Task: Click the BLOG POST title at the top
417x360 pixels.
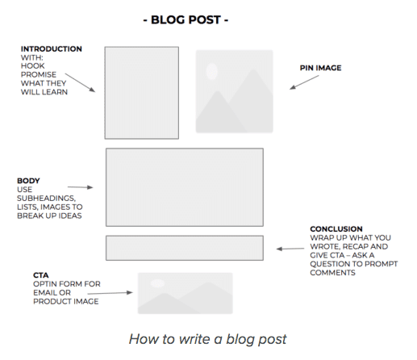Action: pyautogui.click(x=186, y=19)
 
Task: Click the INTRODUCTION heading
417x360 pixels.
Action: pyautogui.click(x=52, y=49)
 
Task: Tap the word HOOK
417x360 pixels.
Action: pyautogui.click(x=33, y=66)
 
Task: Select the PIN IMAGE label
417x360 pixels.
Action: pyautogui.click(x=320, y=68)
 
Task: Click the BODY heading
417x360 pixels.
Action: pyautogui.click(x=28, y=181)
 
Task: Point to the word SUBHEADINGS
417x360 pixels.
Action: pyautogui.click(x=46, y=199)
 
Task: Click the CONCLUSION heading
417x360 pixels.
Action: pyautogui.click(x=336, y=229)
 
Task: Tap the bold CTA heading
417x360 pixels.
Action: pyautogui.click(x=41, y=275)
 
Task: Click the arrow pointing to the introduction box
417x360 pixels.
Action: pyautogui.click(x=80, y=82)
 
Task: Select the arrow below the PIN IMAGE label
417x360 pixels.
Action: pyautogui.click(x=304, y=82)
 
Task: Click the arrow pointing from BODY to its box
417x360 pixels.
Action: pyautogui.click(x=81, y=187)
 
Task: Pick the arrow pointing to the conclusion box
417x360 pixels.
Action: pyautogui.click(x=290, y=249)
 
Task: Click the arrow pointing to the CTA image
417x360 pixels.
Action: pyautogui.click(x=111, y=293)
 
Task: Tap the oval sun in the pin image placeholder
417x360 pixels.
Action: pyautogui.click(x=212, y=72)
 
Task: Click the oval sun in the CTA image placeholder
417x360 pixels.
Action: pyautogui.click(x=157, y=283)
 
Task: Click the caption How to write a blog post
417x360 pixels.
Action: pyautogui.click(x=208, y=339)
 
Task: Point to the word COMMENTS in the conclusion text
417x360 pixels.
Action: pyautogui.click(x=332, y=273)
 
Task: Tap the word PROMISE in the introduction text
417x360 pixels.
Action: pyautogui.click(x=39, y=74)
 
